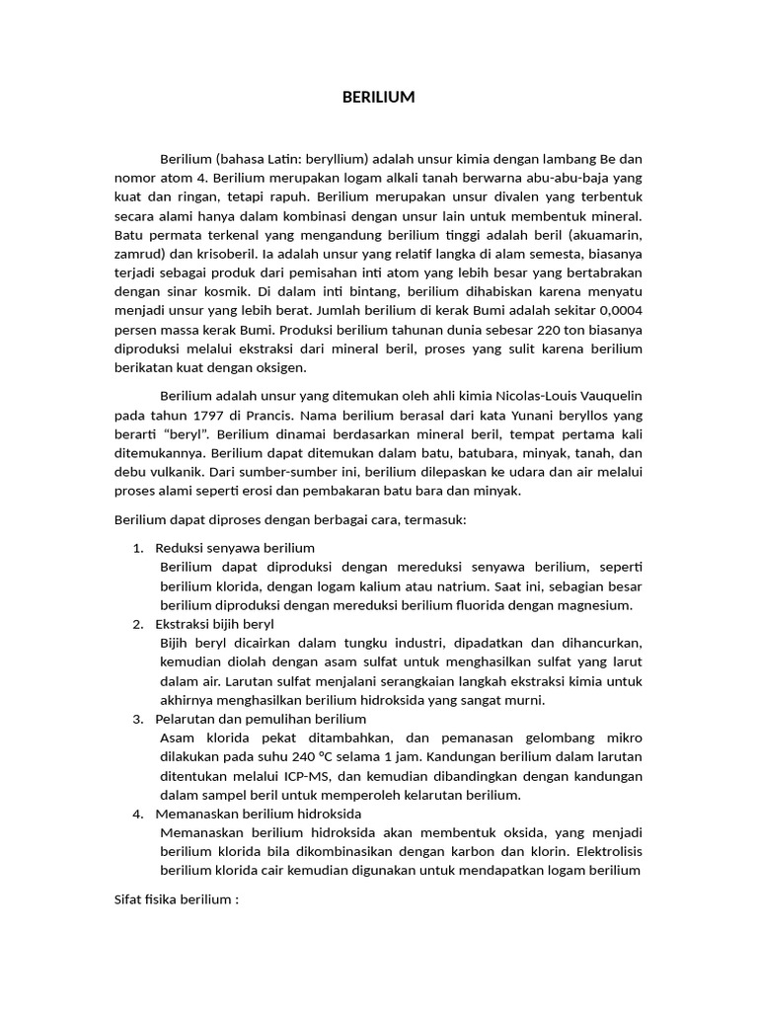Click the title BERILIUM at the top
tap(378, 97)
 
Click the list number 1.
tap(137, 547)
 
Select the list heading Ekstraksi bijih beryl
tap(215, 624)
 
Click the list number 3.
tap(137, 719)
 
